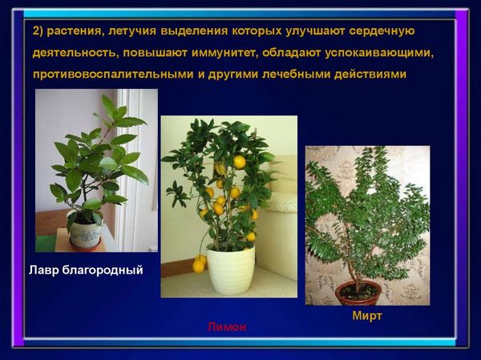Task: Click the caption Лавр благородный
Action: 86,270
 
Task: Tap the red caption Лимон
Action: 227,327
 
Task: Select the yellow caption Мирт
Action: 367,315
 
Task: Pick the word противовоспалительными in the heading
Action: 113,75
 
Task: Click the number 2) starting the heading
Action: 38,31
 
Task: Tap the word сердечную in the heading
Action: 382,31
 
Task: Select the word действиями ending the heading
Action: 370,75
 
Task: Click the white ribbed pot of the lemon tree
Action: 232,269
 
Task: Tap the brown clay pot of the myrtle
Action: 358,293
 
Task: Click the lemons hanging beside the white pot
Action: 199,263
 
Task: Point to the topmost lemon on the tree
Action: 240,162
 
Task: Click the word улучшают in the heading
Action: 315,31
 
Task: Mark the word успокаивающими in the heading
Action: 380,53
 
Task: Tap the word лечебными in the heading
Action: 296,75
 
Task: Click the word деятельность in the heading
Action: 76,53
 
